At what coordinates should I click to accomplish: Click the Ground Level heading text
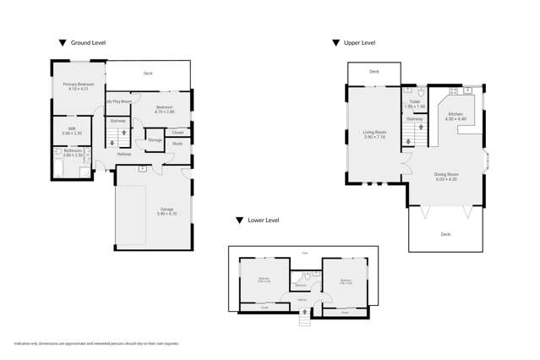88,42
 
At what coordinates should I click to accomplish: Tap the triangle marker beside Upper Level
335,42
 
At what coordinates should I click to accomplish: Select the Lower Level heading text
264,221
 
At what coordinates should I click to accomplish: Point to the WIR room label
72,130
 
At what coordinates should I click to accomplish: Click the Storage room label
155,140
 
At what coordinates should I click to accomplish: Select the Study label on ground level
177,144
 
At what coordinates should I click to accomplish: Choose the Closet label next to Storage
177,133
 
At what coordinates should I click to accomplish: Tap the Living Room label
374,134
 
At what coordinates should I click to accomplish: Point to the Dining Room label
446,176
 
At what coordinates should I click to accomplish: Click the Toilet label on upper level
414,103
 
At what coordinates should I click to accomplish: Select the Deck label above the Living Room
374,72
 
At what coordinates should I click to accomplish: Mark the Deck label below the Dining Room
445,234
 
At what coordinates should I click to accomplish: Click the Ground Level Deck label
148,74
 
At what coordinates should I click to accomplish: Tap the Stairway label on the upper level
414,119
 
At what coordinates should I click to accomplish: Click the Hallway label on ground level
124,154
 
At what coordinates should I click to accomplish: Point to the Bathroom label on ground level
73,152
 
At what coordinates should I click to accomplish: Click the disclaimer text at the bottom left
96,343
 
